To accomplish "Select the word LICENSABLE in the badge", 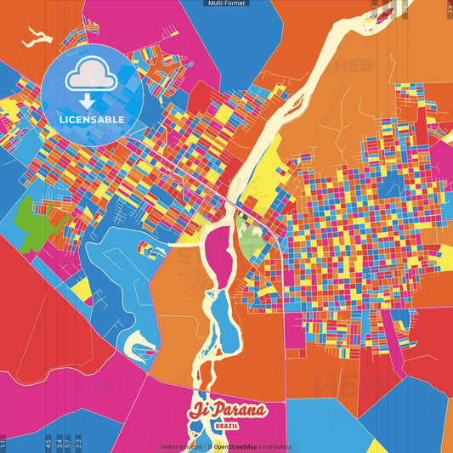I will [92, 118].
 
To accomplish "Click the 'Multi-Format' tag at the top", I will [226, 3].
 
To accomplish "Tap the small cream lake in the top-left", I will [36, 37].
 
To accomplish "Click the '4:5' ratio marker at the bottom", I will [48, 442].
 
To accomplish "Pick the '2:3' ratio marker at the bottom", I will [78, 442].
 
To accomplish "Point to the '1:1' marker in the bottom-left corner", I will [3, 442].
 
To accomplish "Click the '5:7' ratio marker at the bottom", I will [68, 442].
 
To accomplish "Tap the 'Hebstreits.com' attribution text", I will [180, 446].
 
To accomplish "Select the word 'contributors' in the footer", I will [275, 446].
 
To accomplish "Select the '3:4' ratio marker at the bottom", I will [58, 442].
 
